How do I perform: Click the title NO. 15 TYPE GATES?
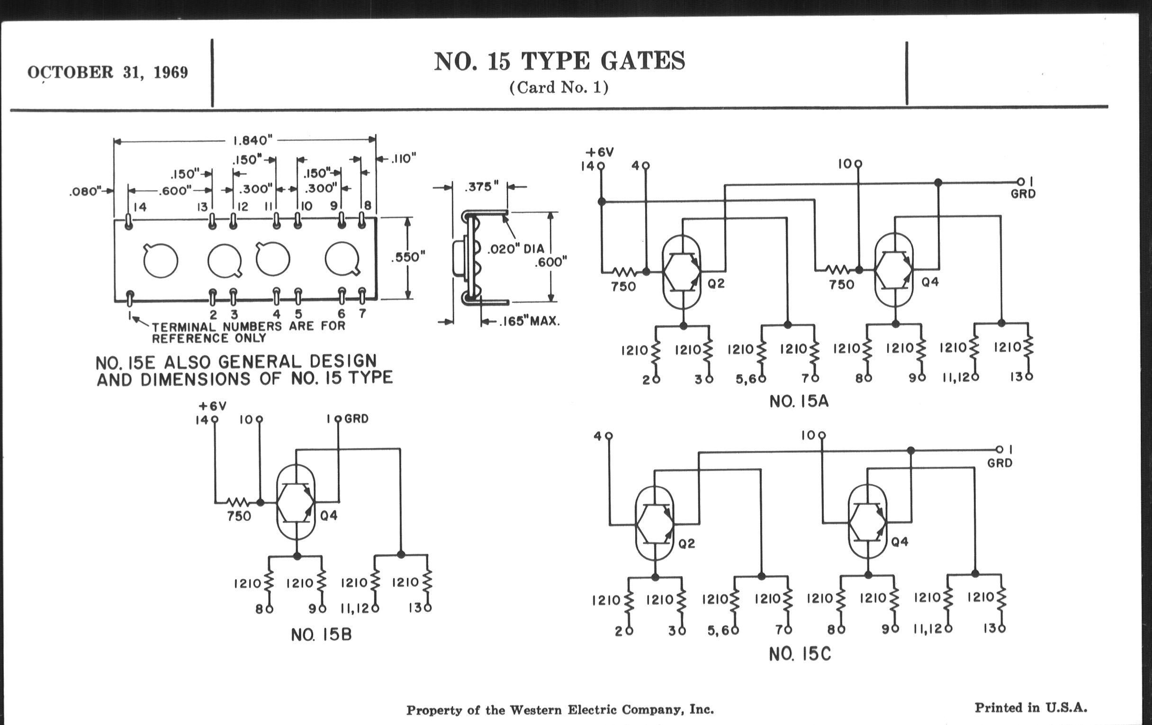coord(559,62)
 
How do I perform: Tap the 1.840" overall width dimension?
coord(252,140)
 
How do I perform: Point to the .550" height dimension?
coord(407,257)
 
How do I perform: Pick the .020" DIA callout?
coord(515,249)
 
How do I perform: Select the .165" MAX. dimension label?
coord(529,321)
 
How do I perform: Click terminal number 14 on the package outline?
coord(140,207)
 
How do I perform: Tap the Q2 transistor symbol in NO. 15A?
coord(682,272)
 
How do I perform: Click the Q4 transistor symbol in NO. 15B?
coord(296,502)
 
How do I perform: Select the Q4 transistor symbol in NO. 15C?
coord(867,523)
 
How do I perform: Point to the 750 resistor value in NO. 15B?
coord(239,517)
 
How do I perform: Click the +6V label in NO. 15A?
coord(599,153)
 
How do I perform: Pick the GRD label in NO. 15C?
coord(999,463)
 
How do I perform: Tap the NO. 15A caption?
coord(799,401)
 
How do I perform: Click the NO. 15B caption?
coord(321,634)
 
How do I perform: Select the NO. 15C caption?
coord(800,654)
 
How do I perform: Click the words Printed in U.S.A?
coord(1030,708)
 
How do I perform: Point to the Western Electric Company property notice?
coord(560,710)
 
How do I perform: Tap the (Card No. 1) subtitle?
coord(558,88)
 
